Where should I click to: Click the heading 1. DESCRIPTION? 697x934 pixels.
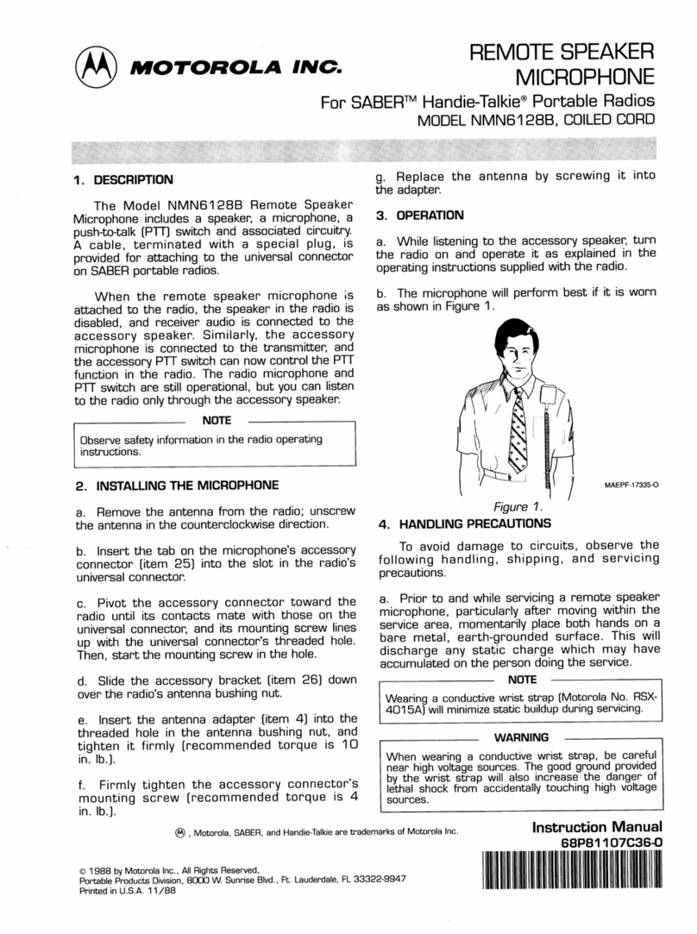123,181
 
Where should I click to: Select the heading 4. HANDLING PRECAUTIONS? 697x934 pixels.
464,523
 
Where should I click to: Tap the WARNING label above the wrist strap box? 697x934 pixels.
520,737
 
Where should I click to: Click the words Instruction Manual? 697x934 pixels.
598,828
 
